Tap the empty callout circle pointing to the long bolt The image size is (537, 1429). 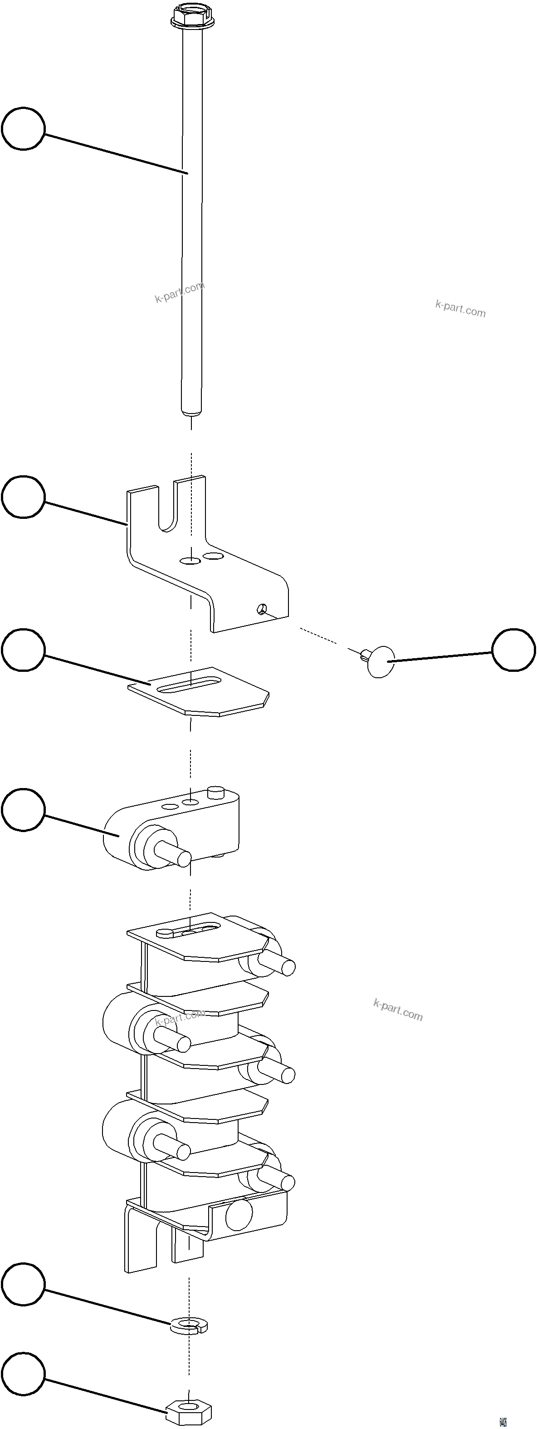(23, 129)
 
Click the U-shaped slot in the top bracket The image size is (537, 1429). (167, 507)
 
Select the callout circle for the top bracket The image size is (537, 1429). (23, 497)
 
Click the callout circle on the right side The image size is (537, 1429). (514, 650)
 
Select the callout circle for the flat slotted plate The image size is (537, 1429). (23, 650)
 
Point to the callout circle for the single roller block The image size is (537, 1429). (23, 809)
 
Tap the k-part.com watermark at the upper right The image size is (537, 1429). (460, 308)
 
